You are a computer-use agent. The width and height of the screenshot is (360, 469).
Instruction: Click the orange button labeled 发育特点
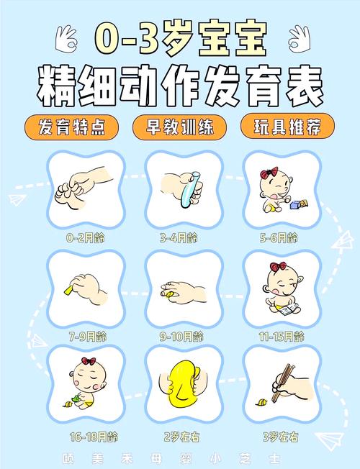pos(70,127)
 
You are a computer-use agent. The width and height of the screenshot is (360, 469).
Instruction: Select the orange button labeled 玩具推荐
pos(288,127)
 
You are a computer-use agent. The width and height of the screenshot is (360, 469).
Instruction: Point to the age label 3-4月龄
pos(179,237)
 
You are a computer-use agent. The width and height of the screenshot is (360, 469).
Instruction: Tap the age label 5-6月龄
pos(278,237)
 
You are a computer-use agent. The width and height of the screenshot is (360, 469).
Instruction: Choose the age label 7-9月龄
pos(86,335)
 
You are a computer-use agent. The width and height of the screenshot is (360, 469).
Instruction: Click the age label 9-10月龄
pos(180,335)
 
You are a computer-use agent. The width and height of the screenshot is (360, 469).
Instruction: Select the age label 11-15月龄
pos(278,335)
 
